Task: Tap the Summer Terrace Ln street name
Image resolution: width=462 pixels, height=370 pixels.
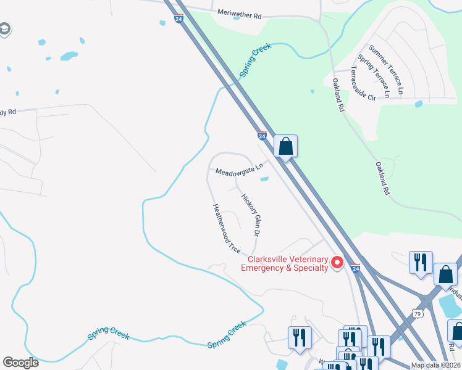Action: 387,69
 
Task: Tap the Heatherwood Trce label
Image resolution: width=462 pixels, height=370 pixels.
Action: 226,229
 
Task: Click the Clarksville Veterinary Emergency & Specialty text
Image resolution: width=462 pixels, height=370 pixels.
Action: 284,263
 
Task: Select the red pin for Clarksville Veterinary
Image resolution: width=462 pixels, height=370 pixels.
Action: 337,263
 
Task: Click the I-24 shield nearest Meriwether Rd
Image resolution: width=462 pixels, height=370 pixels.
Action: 178,19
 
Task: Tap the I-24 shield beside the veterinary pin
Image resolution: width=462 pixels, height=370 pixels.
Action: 355,268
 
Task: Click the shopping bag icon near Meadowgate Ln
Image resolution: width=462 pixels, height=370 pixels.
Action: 285,147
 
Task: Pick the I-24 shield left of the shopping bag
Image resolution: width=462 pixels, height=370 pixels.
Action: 262,135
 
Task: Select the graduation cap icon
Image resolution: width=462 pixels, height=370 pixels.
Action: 5,29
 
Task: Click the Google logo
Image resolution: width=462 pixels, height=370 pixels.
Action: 20,363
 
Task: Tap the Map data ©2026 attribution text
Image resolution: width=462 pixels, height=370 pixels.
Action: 435,365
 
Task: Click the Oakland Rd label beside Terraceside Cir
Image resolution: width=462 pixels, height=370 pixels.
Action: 338,94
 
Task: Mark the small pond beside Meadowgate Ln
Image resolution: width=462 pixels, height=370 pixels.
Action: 264,179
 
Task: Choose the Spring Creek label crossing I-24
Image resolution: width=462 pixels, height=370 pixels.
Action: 256,62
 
